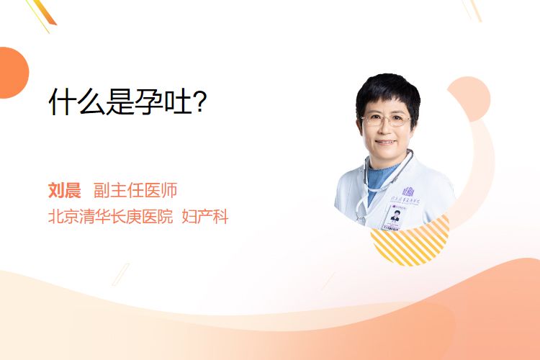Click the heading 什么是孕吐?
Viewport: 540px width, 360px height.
click(x=127, y=102)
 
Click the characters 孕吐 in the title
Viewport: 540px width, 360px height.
click(x=163, y=102)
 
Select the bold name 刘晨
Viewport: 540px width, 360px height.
click(x=64, y=190)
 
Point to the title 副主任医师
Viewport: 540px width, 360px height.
click(x=135, y=190)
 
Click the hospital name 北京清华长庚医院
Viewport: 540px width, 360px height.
click(x=110, y=217)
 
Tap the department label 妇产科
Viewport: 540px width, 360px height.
click(x=205, y=217)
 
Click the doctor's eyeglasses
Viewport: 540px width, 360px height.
click(x=386, y=120)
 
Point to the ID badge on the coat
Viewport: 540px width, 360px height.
click(x=394, y=217)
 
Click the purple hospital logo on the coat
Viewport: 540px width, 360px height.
click(x=408, y=192)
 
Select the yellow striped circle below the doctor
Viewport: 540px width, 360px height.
click(x=410, y=242)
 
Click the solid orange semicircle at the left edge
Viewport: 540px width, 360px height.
click(x=13, y=73)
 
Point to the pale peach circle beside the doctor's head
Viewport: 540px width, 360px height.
click(x=470, y=99)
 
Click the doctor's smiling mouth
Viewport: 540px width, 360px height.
click(x=386, y=141)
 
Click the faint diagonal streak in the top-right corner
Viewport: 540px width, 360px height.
click(x=473, y=10)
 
